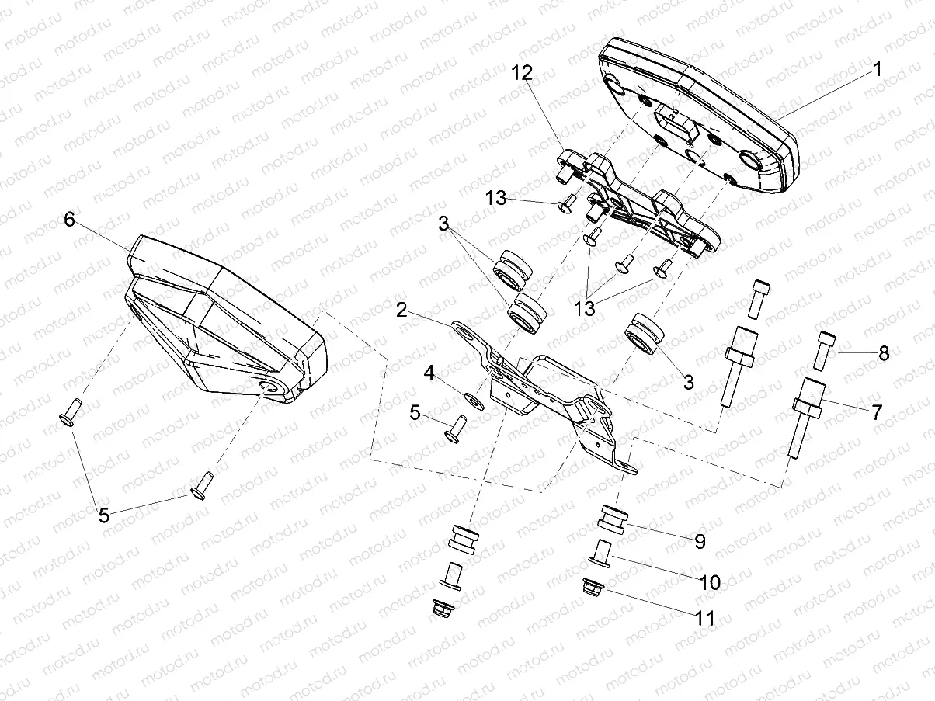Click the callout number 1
pyautogui.click(x=877, y=69)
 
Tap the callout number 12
pyautogui.click(x=522, y=75)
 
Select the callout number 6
pyautogui.click(x=69, y=220)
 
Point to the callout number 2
pyautogui.click(x=401, y=311)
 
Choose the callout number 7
pyautogui.click(x=877, y=411)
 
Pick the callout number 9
pyautogui.click(x=700, y=541)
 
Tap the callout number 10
pyautogui.click(x=710, y=581)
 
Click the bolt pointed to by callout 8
pyautogui.click(x=824, y=349)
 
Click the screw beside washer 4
pyautogui.click(x=454, y=429)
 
